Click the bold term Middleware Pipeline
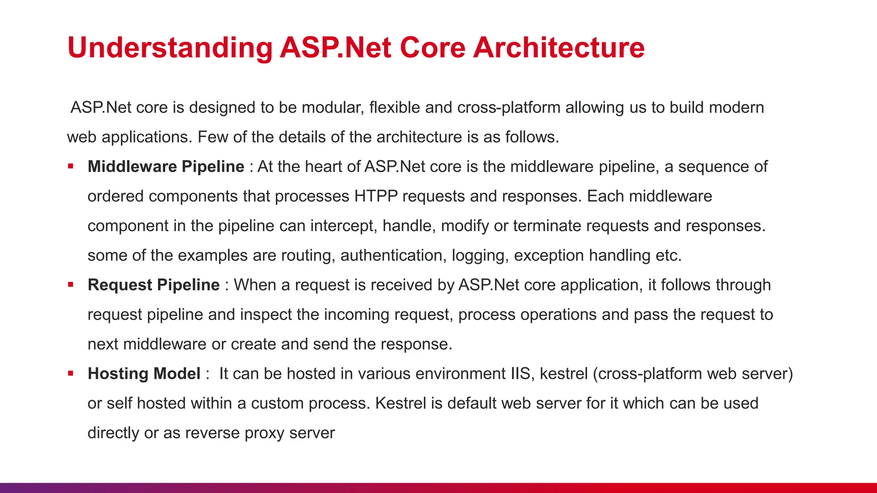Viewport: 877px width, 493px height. [166, 166]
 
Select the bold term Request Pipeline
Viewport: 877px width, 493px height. [153, 285]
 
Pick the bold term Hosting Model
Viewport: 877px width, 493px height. [144, 374]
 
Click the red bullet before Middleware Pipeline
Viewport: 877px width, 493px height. [71, 166]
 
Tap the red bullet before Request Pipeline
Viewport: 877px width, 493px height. [71, 285]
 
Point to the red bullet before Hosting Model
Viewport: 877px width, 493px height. [71, 373]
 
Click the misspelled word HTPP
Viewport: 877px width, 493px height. [376, 196]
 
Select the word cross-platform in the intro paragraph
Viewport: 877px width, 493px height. [508, 107]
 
